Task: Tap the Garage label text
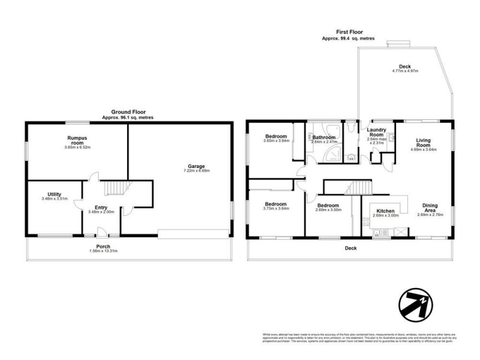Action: click(x=196, y=166)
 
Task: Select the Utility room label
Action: click(x=54, y=194)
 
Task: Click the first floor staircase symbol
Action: click(x=360, y=187)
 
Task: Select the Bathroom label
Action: click(x=323, y=137)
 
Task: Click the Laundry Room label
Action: click(x=376, y=132)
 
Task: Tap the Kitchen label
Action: click(x=385, y=211)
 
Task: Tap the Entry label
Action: click(x=96, y=207)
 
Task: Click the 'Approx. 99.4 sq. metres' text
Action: click(x=348, y=38)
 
